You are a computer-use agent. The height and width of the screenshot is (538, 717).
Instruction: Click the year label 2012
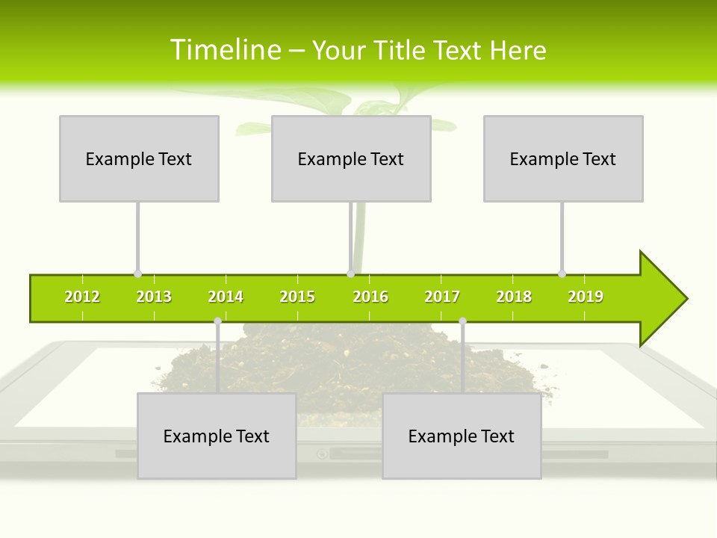(82, 297)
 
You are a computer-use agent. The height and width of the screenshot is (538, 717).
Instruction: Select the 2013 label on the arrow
(154, 297)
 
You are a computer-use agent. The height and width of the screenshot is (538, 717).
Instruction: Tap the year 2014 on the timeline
(226, 297)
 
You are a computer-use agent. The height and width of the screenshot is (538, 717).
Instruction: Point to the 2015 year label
(297, 297)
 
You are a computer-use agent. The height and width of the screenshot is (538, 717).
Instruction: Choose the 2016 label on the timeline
(370, 297)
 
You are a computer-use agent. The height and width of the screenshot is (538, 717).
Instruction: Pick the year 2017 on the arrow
(442, 297)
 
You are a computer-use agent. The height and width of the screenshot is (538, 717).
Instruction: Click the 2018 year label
(514, 297)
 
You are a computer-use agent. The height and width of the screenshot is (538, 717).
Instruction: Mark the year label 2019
(586, 297)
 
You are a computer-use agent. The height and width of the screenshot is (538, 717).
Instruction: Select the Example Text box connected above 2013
(139, 158)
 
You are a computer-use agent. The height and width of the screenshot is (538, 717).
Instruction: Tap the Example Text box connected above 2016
(351, 158)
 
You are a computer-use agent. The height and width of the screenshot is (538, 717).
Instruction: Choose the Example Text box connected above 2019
(563, 158)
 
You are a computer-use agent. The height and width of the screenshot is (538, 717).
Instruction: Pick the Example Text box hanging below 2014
(217, 436)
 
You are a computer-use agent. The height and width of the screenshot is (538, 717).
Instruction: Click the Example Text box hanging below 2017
(462, 436)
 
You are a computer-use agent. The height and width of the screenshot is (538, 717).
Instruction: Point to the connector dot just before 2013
(137, 273)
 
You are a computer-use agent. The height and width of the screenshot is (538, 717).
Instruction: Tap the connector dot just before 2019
(562, 273)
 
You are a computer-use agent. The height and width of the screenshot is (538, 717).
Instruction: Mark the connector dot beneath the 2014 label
(217, 321)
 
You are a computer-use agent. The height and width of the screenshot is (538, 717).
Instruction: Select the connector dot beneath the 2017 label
(462, 321)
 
